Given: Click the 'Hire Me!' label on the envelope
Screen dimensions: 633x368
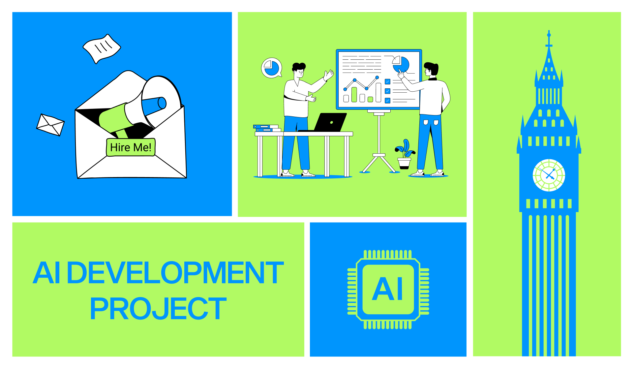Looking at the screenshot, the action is pyautogui.click(x=131, y=147).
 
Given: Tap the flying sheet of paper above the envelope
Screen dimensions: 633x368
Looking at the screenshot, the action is pyautogui.click(x=102, y=48).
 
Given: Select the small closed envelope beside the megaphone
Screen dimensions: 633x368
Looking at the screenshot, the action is pyautogui.click(x=50, y=125).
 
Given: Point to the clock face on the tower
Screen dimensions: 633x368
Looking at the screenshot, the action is pyautogui.click(x=549, y=175).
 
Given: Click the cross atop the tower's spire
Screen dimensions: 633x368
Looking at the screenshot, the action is pyautogui.click(x=549, y=39).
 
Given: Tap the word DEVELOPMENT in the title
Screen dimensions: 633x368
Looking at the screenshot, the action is pyautogui.click(x=175, y=273).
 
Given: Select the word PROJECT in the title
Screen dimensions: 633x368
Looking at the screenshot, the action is pyautogui.click(x=158, y=309).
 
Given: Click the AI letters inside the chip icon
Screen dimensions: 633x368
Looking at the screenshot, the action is pyautogui.click(x=388, y=289).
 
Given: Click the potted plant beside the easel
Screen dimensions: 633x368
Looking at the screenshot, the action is pyautogui.click(x=405, y=154).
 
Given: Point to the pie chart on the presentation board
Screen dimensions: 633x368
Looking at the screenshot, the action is pyautogui.click(x=401, y=64).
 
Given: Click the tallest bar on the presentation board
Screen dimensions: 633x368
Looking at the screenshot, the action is pyautogui.click(x=378, y=92).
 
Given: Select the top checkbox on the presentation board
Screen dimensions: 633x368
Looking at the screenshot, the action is pyautogui.click(x=388, y=81).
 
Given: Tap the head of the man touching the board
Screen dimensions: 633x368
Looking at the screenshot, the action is pyautogui.click(x=431, y=70).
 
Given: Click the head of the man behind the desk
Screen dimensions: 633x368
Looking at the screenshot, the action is pyautogui.click(x=299, y=70).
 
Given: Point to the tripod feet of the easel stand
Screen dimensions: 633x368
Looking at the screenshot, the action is pyautogui.click(x=379, y=164).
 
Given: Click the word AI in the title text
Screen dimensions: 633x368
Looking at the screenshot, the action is pyautogui.click(x=46, y=273).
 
